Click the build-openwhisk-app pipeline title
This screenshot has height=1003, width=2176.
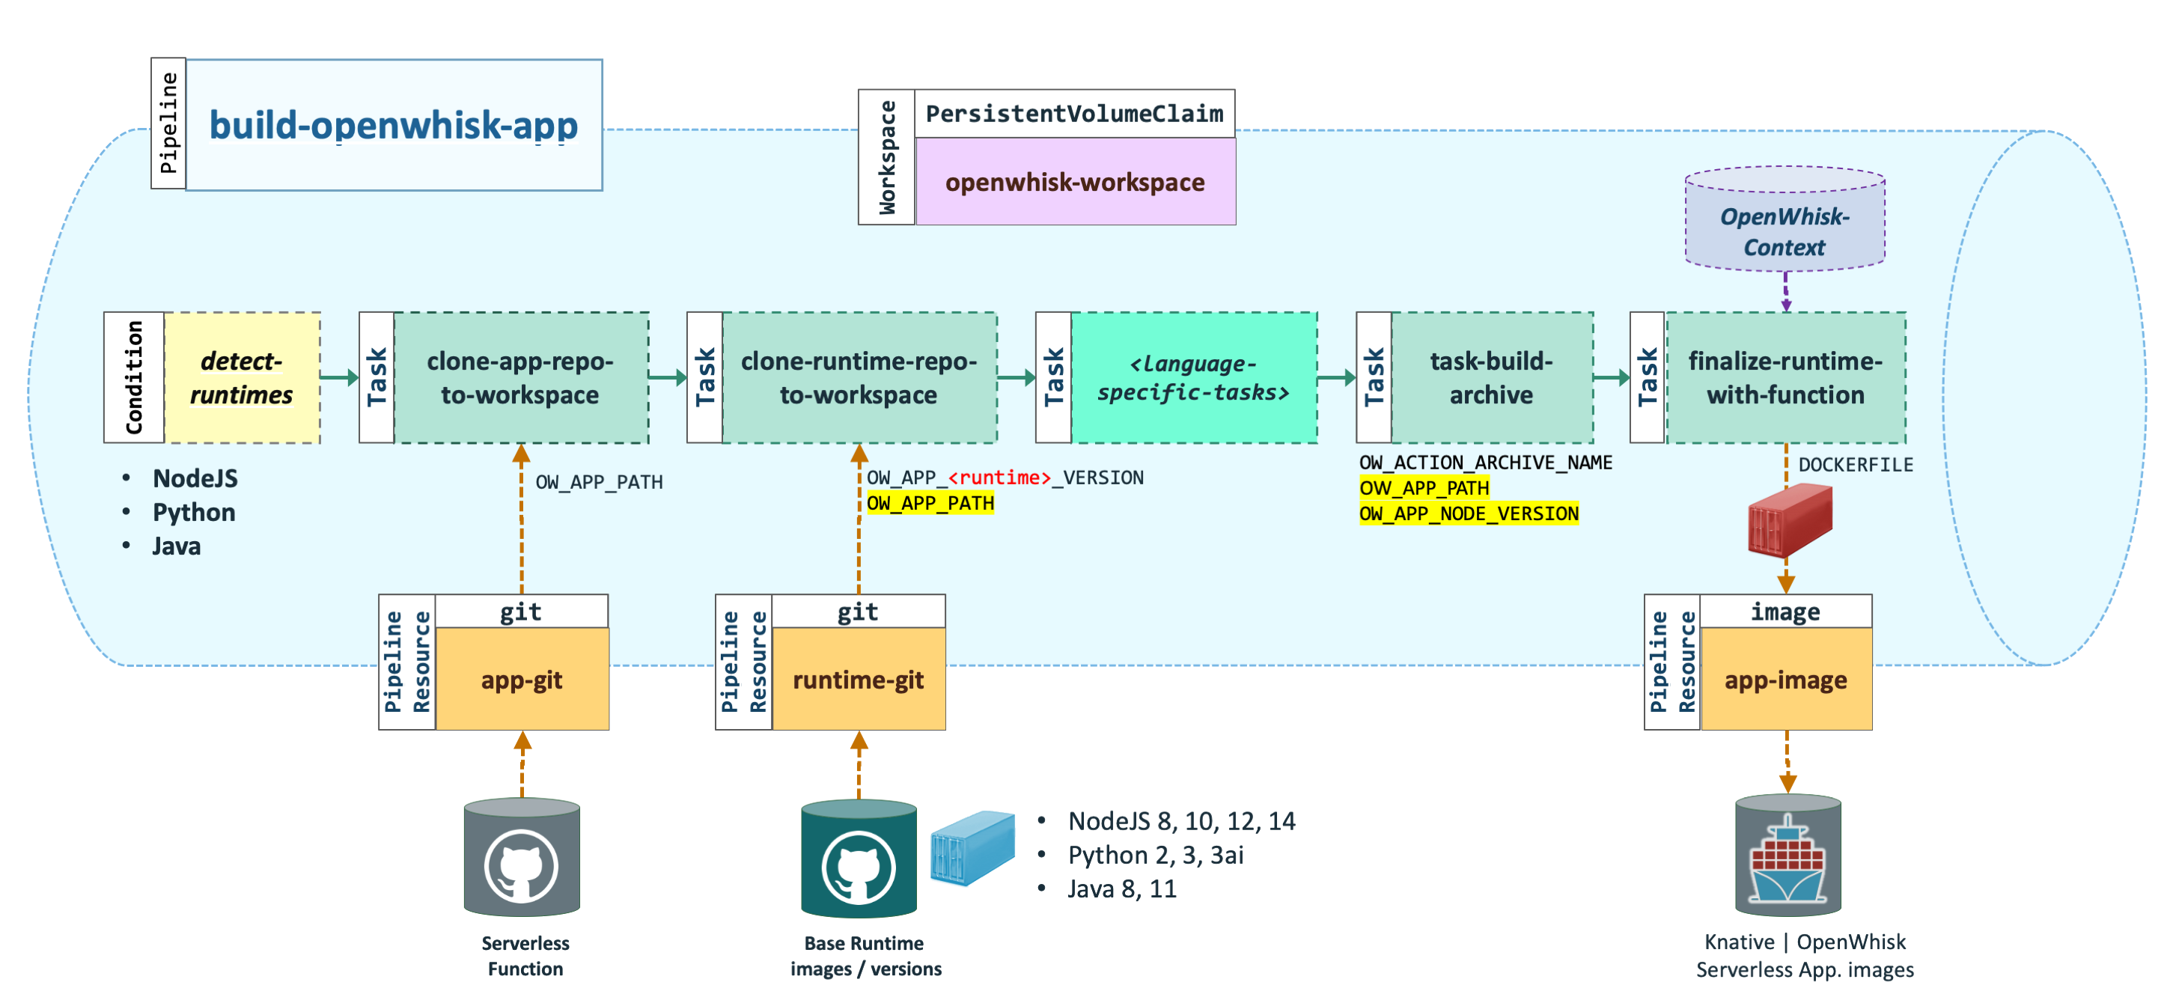point(394,125)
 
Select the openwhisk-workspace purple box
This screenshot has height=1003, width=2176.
point(1076,182)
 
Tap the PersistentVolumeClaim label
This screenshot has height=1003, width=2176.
point(1074,113)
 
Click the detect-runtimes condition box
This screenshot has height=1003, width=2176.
point(242,378)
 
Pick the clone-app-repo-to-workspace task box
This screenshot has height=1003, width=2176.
point(521,378)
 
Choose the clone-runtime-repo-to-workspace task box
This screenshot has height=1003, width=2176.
point(859,378)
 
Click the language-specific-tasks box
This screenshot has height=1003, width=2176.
point(1194,378)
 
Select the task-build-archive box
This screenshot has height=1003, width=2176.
point(1492,378)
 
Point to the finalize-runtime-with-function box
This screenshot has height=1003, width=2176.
point(1786,378)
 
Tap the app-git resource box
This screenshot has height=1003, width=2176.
point(522,680)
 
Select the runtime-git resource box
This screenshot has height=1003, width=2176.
point(859,680)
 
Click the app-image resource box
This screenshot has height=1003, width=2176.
point(1786,680)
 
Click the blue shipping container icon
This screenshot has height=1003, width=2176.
point(972,847)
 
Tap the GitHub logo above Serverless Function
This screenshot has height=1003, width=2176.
point(521,865)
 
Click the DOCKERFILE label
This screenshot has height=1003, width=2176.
point(1855,465)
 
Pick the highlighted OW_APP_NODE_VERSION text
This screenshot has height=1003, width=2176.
point(1469,513)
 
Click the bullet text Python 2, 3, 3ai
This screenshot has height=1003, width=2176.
point(1156,855)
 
